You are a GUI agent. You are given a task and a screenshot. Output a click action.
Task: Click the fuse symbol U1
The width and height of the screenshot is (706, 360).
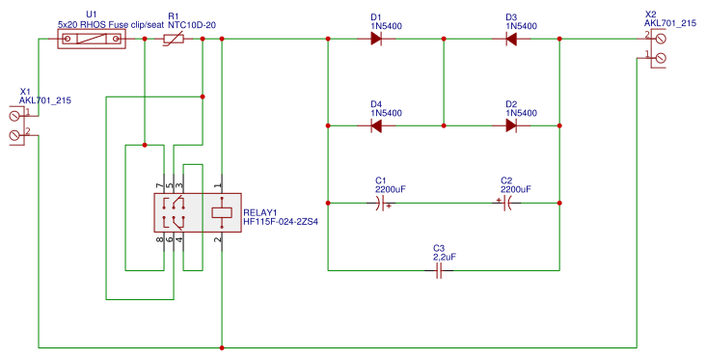tap(92, 39)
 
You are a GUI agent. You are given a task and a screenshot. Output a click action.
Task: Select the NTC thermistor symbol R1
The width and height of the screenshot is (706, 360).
tap(174, 39)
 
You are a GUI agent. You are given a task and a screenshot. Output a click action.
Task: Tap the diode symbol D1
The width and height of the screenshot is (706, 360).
tap(376, 39)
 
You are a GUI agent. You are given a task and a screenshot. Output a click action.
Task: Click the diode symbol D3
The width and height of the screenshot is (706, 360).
tap(511, 39)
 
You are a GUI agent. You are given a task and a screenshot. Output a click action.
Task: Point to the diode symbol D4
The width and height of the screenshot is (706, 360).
tap(376, 125)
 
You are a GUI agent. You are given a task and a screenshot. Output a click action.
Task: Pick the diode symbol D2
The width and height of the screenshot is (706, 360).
tap(511, 125)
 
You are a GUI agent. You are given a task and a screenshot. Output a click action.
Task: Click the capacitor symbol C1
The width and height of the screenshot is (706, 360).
tap(381, 203)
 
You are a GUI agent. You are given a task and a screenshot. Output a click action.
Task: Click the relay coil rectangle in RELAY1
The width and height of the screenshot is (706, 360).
tap(222, 211)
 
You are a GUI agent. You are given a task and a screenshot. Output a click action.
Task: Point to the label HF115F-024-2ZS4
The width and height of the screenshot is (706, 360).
tap(281, 221)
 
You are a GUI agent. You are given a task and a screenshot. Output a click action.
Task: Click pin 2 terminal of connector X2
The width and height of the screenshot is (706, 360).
tap(661, 38)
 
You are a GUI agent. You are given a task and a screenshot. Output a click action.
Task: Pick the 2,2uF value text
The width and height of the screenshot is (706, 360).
tap(445, 258)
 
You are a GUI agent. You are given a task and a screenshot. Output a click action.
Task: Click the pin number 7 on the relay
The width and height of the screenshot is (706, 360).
tap(158, 185)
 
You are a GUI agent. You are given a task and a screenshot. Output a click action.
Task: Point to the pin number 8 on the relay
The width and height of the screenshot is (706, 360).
tap(158, 238)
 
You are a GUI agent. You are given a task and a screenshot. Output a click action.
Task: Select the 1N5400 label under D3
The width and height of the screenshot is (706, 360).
tap(521, 26)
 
